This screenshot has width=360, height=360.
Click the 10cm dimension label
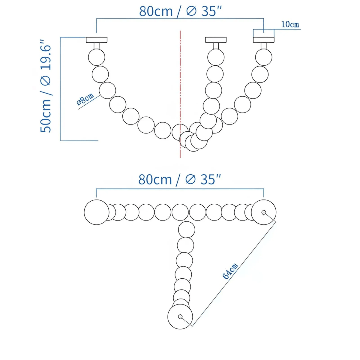click(290, 24)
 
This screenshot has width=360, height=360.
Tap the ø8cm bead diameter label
click(85, 99)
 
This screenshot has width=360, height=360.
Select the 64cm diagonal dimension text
click(230, 271)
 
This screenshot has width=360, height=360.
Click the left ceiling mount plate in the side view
click(97, 40)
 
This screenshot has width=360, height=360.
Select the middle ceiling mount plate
click(216, 40)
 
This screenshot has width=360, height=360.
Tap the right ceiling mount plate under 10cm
click(264, 40)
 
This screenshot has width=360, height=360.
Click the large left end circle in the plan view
click(97, 212)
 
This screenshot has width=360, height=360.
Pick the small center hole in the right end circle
click(264, 212)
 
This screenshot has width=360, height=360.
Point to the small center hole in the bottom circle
click(180, 316)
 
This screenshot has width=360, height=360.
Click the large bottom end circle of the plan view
click(180, 316)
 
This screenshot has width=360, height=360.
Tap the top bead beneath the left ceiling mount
click(97, 57)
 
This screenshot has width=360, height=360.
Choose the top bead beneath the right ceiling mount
click(264, 57)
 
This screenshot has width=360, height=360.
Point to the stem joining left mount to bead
click(97, 46)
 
